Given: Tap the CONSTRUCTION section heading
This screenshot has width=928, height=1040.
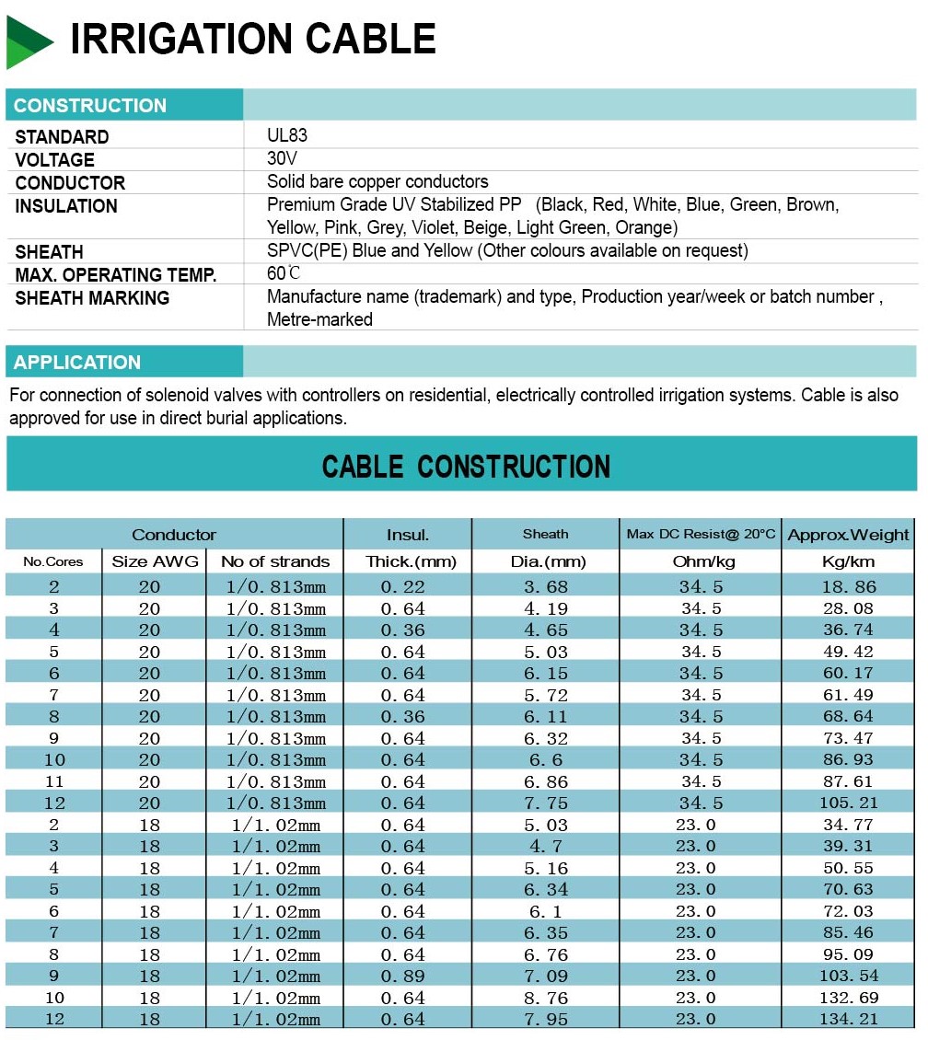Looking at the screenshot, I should pos(90,106).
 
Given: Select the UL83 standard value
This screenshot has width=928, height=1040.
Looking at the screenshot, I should pos(287,136).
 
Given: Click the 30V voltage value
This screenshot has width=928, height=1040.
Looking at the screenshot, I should pos(283,158).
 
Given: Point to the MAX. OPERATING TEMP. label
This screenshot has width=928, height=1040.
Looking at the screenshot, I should pos(116,275).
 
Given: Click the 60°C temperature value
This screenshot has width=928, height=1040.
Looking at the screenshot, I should pos(284,273).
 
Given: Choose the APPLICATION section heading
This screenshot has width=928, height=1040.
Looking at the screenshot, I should pos(77,363).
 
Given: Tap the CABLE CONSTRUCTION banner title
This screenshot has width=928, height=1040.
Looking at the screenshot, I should pos(466,467).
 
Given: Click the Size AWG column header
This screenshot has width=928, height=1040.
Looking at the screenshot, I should pos(155,561).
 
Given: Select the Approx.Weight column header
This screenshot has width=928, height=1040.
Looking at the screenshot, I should pos(848,535).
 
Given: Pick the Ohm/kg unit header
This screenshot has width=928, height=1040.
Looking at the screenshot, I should pos(701,561).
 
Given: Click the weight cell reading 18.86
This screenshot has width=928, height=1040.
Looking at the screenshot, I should pos(849,586).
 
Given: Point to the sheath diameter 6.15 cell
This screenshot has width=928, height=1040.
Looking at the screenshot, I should pos(546,673).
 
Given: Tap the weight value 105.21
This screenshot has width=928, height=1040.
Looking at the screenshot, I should pos(849,803).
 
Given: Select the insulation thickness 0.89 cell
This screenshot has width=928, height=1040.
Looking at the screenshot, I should pos(403,976).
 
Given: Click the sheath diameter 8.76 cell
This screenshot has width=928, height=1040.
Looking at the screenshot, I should pos(546,998).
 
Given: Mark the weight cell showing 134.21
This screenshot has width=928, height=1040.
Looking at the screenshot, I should pos(849,1019).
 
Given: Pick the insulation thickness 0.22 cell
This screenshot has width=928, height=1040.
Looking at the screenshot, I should pos(403,586).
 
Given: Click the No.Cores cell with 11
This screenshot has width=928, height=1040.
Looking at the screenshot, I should pos(54,781).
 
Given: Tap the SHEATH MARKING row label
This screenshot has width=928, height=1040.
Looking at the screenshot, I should pos(92,298).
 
